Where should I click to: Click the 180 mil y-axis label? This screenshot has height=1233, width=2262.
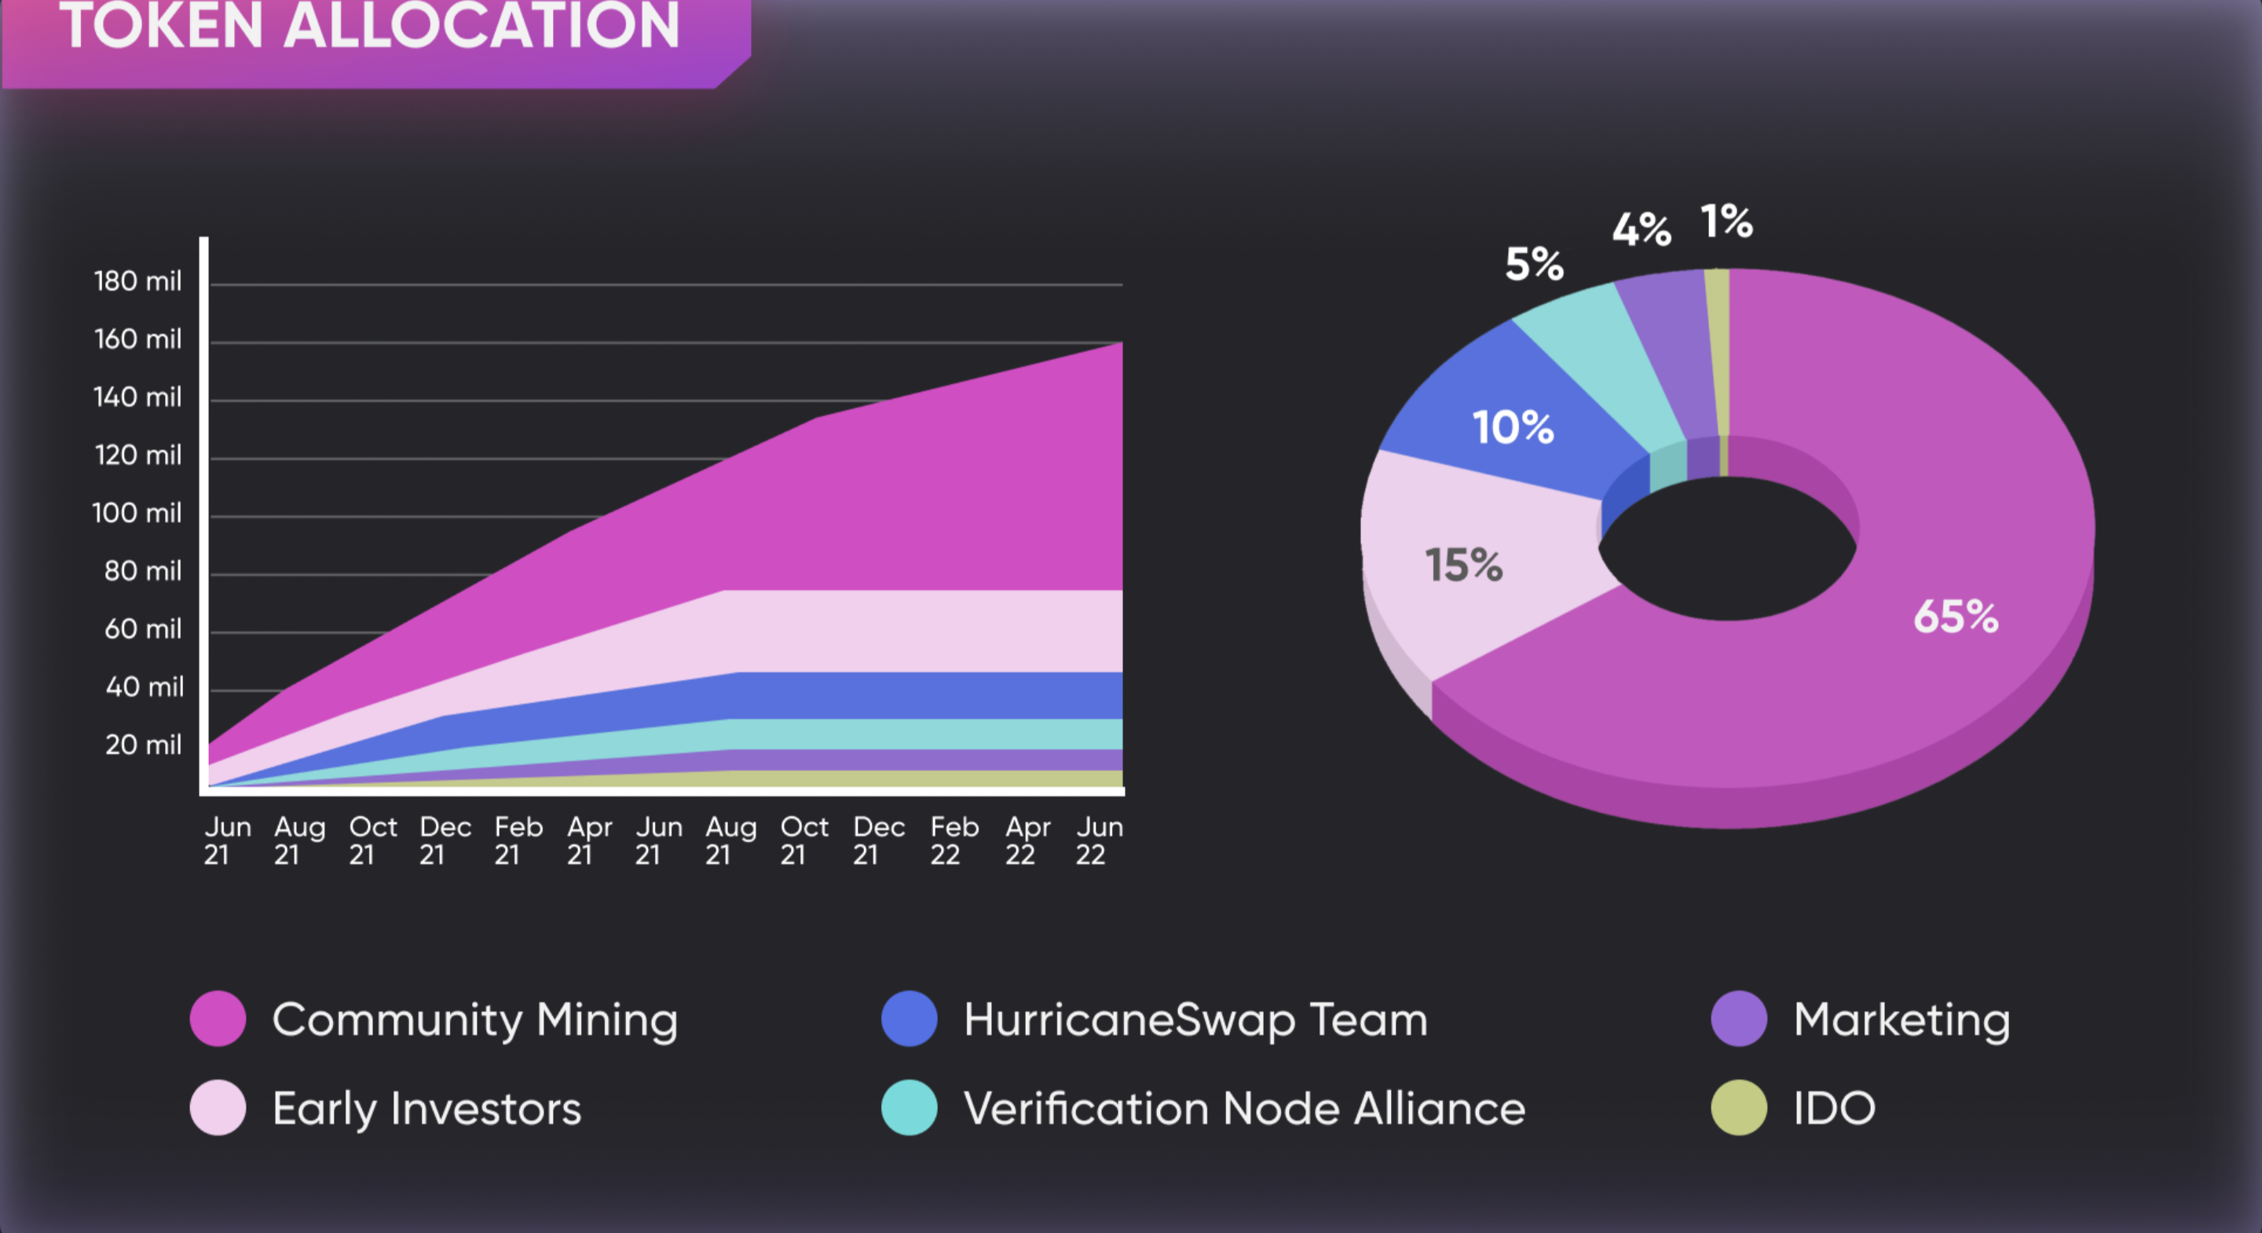(x=138, y=281)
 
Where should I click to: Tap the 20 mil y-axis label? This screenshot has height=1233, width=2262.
(x=143, y=745)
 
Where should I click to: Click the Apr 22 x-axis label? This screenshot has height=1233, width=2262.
(x=1027, y=840)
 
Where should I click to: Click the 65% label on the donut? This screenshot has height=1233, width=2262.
(x=1956, y=616)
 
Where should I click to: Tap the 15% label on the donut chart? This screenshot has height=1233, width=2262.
(x=1463, y=565)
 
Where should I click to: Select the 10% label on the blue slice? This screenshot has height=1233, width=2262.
(x=1513, y=428)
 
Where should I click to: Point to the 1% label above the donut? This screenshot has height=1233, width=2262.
(x=1726, y=221)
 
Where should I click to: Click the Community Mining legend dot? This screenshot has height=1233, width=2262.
(x=218, y=1019)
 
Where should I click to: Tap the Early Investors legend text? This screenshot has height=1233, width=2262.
(x=426, y=1108)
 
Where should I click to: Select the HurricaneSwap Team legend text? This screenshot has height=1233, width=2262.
(x=1195, y=1019)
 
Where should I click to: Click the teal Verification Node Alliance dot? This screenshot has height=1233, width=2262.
(x=909, y=1107)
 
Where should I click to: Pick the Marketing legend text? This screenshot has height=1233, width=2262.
(x=1901, y=1019)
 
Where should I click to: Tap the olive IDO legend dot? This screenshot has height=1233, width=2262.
(x=1739, y=1107)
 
